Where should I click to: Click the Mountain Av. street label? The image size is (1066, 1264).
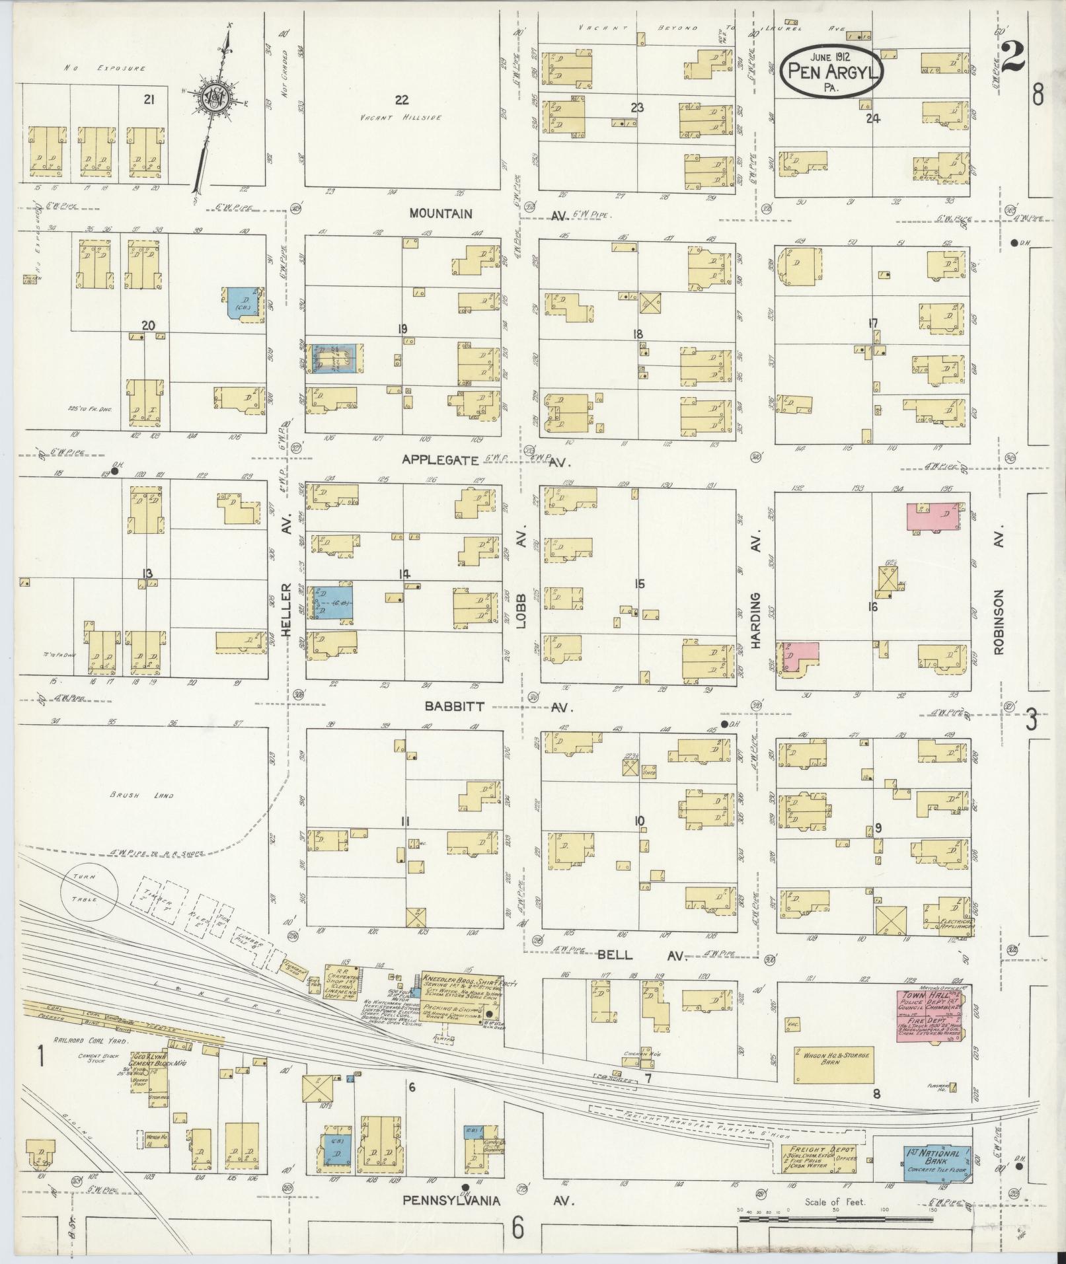pyautogui.click(x=441, y=213)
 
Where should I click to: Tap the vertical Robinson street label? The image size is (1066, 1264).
pyautogui.click(x=998, y=622)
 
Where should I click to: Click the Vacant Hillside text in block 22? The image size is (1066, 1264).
pyautogui.click(x=401, y=118)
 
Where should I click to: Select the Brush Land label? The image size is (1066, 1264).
pyautogui.click(x=141, y=796)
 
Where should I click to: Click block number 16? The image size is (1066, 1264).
pyautogui.click(x=872, y=606)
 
